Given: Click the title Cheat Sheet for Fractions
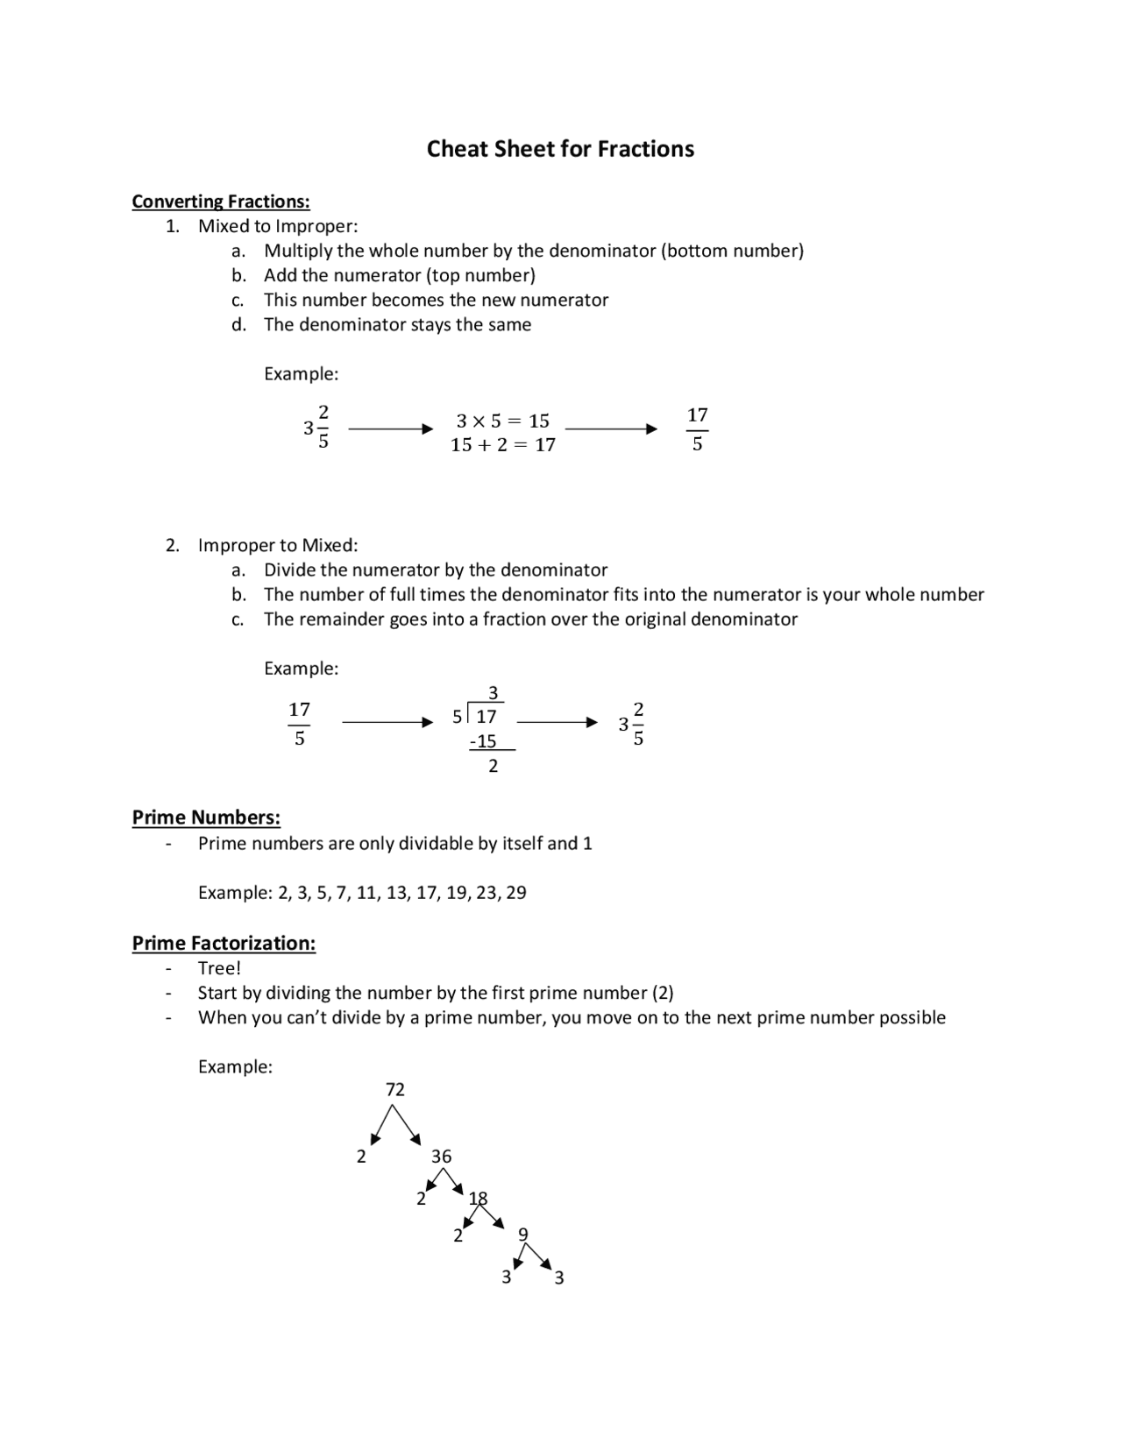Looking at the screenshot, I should pos(560,149).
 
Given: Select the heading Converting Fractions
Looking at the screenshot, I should pos(221,202).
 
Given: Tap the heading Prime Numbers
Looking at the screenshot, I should pos(206,818).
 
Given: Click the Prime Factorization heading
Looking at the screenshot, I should pos(224,943).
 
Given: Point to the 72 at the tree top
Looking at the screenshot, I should pos(395,1089).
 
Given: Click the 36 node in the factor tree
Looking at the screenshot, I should pos(441,1157).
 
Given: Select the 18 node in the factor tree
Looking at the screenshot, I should pos(478,1198).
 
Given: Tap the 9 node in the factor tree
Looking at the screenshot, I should pos(523,1235).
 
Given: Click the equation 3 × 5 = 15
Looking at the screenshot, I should pos(502,421).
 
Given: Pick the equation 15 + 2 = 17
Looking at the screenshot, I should pos(502,445).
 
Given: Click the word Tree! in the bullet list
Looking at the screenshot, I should pos(219,968).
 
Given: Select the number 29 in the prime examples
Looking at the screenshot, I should pos(516,893).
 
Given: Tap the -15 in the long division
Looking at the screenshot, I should pos(483,741).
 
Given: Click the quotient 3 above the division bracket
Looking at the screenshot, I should pos(493,693).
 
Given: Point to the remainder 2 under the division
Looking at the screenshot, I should pos(493,766).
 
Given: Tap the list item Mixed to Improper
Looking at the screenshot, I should pos(278,226).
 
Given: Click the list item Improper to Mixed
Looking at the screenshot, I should pos(278,545).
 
